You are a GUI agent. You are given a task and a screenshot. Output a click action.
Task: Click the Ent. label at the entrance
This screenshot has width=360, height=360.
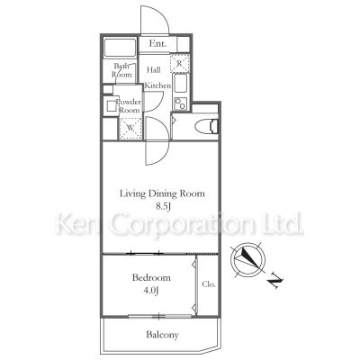click(157, 44)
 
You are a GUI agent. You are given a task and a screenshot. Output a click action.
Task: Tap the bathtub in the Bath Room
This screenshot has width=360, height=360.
click(120, 48)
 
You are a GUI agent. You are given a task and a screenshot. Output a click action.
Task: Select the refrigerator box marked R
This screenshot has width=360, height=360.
click(179, 63)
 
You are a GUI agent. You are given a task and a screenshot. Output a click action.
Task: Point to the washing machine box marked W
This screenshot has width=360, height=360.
click(130, 128)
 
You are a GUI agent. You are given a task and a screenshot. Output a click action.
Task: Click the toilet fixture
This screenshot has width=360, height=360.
click(207, 126)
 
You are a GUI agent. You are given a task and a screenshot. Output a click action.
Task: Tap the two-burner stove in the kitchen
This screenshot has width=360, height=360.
click(181, 103)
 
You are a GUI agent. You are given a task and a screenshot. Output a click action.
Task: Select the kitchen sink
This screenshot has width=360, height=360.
click(181, 84)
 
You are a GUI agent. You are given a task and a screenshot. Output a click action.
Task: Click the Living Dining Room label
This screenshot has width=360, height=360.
click(162, 193)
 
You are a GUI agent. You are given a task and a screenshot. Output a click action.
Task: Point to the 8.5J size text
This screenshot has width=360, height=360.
click(163, 207)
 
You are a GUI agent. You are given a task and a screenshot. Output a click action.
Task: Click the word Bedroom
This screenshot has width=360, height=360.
click(151, 278)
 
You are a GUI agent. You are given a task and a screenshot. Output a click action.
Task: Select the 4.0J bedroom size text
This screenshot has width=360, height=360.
click(151, 291)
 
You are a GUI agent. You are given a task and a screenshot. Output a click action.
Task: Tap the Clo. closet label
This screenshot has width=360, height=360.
click(209, 284)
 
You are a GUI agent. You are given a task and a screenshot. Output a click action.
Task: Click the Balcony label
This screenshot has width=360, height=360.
click(162, 335)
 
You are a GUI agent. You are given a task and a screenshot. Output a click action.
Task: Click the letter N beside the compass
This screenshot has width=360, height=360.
click(275, 282)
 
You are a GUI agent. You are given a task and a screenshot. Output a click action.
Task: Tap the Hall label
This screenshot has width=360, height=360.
click(153, 70)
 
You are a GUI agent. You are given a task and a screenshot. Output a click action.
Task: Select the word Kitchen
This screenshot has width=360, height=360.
click(157, 85)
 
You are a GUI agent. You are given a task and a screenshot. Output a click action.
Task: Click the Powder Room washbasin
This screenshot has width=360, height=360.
click(111, 106)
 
